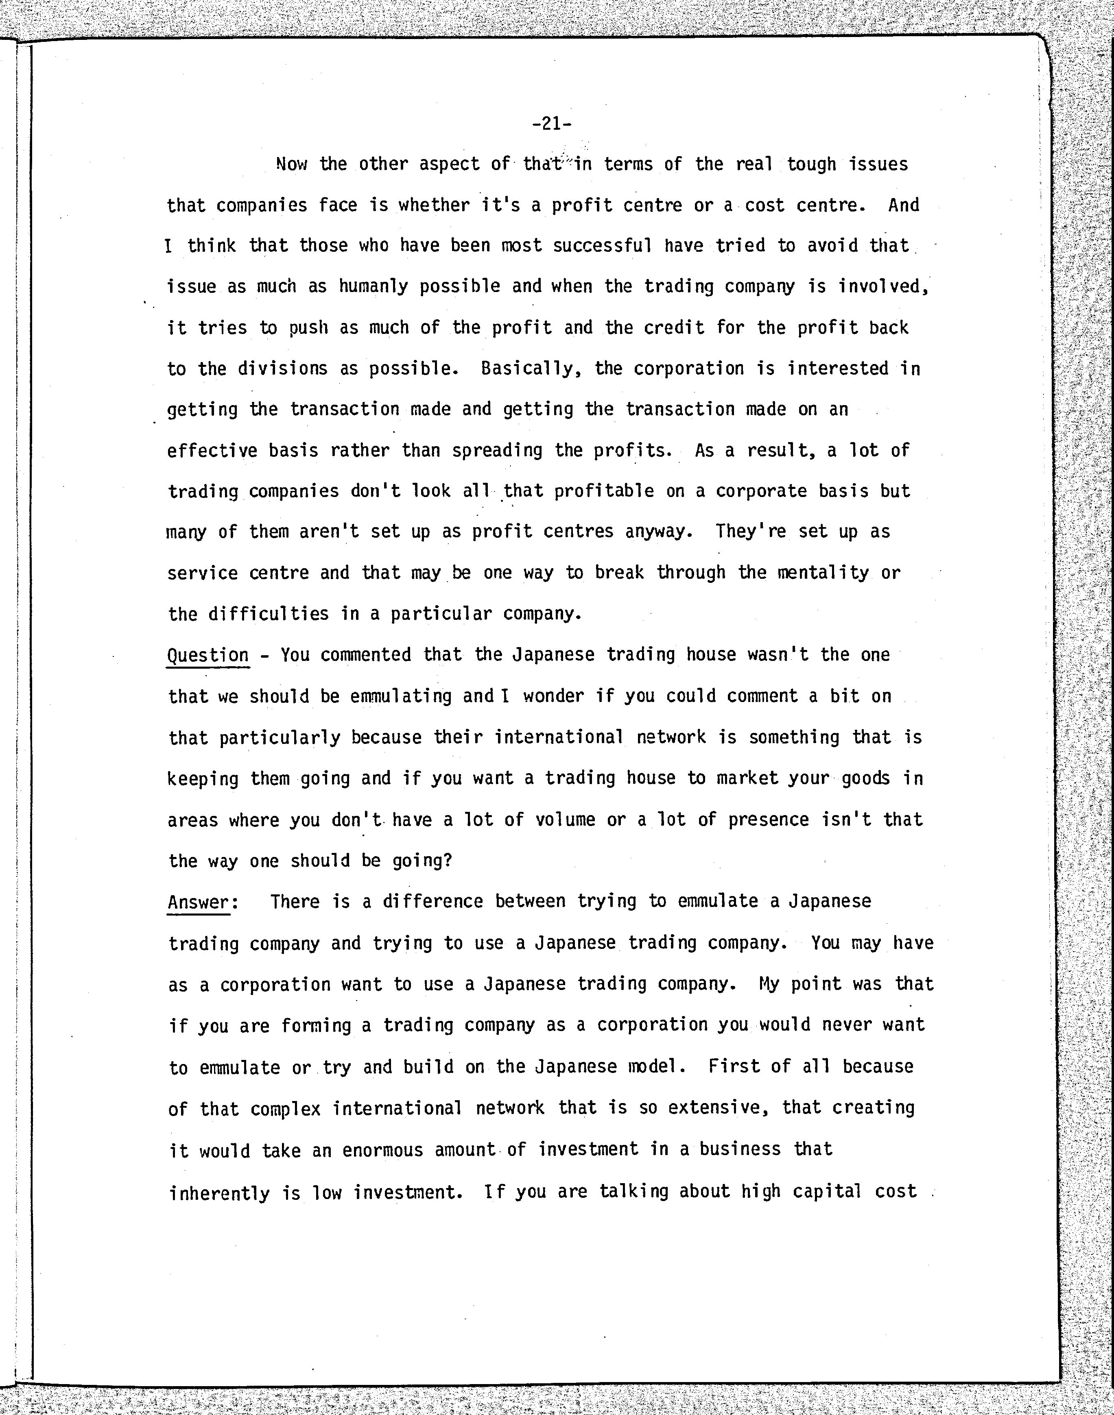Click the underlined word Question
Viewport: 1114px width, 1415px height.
click(x=208, y=655)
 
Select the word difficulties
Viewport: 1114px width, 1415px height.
click(x=268, y=614)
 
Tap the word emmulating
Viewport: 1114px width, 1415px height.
click(x=400, y=696)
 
